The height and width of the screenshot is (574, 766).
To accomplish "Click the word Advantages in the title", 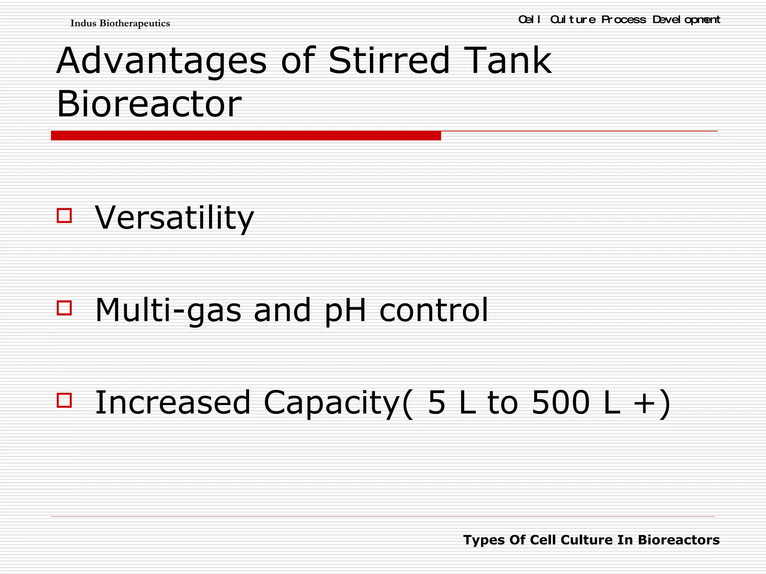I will pyautogui.click(x=162, y=61).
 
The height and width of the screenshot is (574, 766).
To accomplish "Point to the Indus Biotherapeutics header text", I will pyautogui.click(x=120, y=24).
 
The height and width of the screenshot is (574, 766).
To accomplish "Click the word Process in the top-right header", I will pyautogui.click(x=623, y=19).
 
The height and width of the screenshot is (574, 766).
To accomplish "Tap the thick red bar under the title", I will pyautogui.click(x=246, y=136).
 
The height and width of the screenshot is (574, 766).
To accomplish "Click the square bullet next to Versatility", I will pyautogui.click(x=64, y=216).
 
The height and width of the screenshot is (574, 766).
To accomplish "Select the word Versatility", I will pyautogui.click(x=174, y=217).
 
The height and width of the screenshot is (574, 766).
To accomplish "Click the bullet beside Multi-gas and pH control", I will pyautogui.click(x=64, y=308).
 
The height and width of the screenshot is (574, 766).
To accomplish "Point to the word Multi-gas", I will pyautogui.click(x=168, y=310).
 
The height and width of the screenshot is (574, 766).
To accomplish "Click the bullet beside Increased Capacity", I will pyautogui.click(x=64, y=400).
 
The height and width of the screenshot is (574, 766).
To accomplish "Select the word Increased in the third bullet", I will pyautogui.click(x=172, y=402).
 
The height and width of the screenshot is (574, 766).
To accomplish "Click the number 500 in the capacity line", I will pyautogui.click(x=560, y=402).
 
